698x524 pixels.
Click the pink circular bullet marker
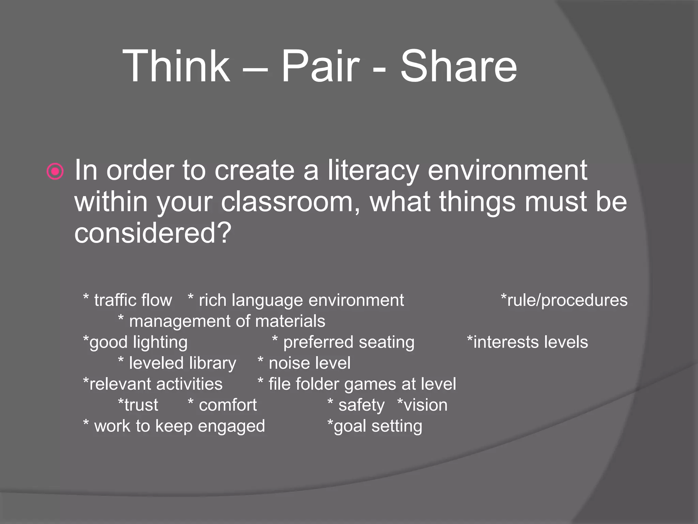pos(55,171)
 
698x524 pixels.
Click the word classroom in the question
pos(290,202)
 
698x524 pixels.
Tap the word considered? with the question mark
pos(153,233)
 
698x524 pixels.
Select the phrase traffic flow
pos(133,301)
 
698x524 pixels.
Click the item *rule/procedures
pos(564,301)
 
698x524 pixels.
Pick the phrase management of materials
pos(227,321)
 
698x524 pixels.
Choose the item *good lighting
pos(135,342)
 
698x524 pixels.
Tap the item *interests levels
pos(527,342)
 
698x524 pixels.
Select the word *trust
pos(138,405)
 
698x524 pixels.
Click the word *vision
pos(422,405)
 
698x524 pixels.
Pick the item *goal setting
pos(375,426)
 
